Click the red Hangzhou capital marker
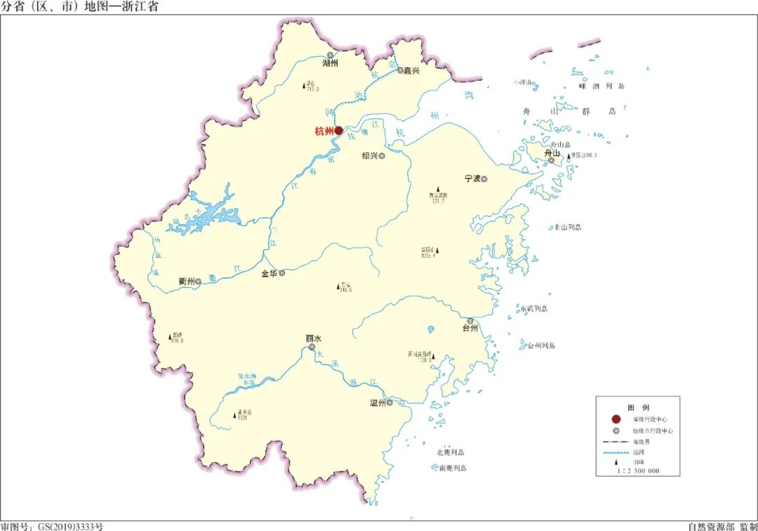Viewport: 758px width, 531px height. [x=338, y=131]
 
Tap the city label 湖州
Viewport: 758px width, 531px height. [x=330, y=63]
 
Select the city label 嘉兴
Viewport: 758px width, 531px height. [x=410, y=70]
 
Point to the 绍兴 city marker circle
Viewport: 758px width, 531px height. [x=383, y=156]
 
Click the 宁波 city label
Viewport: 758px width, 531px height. [x=472, y=178]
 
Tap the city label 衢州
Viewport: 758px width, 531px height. [x=186, y=281]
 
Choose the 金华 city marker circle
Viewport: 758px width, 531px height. [x=282, y=273]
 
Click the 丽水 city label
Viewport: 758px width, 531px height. [x=313, y=338]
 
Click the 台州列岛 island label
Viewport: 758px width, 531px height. [x=540, y=346]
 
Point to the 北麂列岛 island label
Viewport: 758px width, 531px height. [x=451, y=452]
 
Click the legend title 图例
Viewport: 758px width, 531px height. [x=638, y=407]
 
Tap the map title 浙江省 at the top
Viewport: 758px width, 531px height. [x=141, y=7]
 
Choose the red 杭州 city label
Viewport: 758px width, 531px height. [x=324, y=131]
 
